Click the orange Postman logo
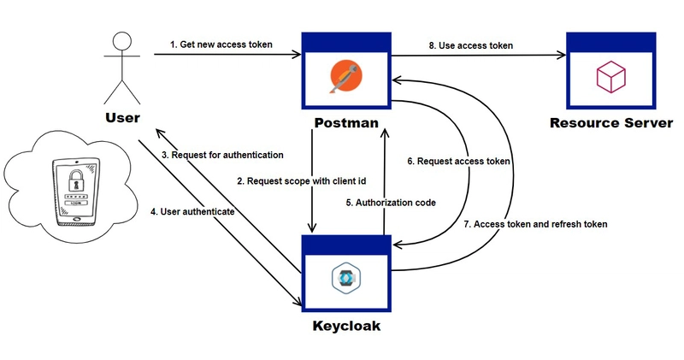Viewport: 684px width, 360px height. [346, 76]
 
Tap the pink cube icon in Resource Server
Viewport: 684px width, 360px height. [610, 76]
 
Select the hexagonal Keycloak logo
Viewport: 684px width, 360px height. [346, 277]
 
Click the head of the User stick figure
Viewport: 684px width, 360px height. [122, 41]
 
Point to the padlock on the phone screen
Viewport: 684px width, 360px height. [77, 180]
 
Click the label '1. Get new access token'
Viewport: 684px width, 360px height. [221, 44]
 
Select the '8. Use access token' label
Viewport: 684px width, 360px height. [471, 45]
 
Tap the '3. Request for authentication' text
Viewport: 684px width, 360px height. [222, 155]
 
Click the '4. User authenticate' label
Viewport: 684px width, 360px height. [192, 211]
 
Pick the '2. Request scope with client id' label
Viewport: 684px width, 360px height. [302, 181]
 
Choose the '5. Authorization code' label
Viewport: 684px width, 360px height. [391, 203]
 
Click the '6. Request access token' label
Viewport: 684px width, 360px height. [458, 161]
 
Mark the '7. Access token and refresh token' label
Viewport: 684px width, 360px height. [535, 224]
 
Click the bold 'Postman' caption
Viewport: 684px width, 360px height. [346, 122]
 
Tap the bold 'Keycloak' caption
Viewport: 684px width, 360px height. [346, 326]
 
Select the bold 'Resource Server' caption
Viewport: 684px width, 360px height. [611, 122]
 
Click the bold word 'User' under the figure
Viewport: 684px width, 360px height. [122, 117]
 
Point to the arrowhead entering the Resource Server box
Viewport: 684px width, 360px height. [563, 55]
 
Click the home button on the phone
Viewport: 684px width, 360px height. [77, 219]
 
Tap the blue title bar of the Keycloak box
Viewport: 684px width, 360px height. [346, 245]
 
